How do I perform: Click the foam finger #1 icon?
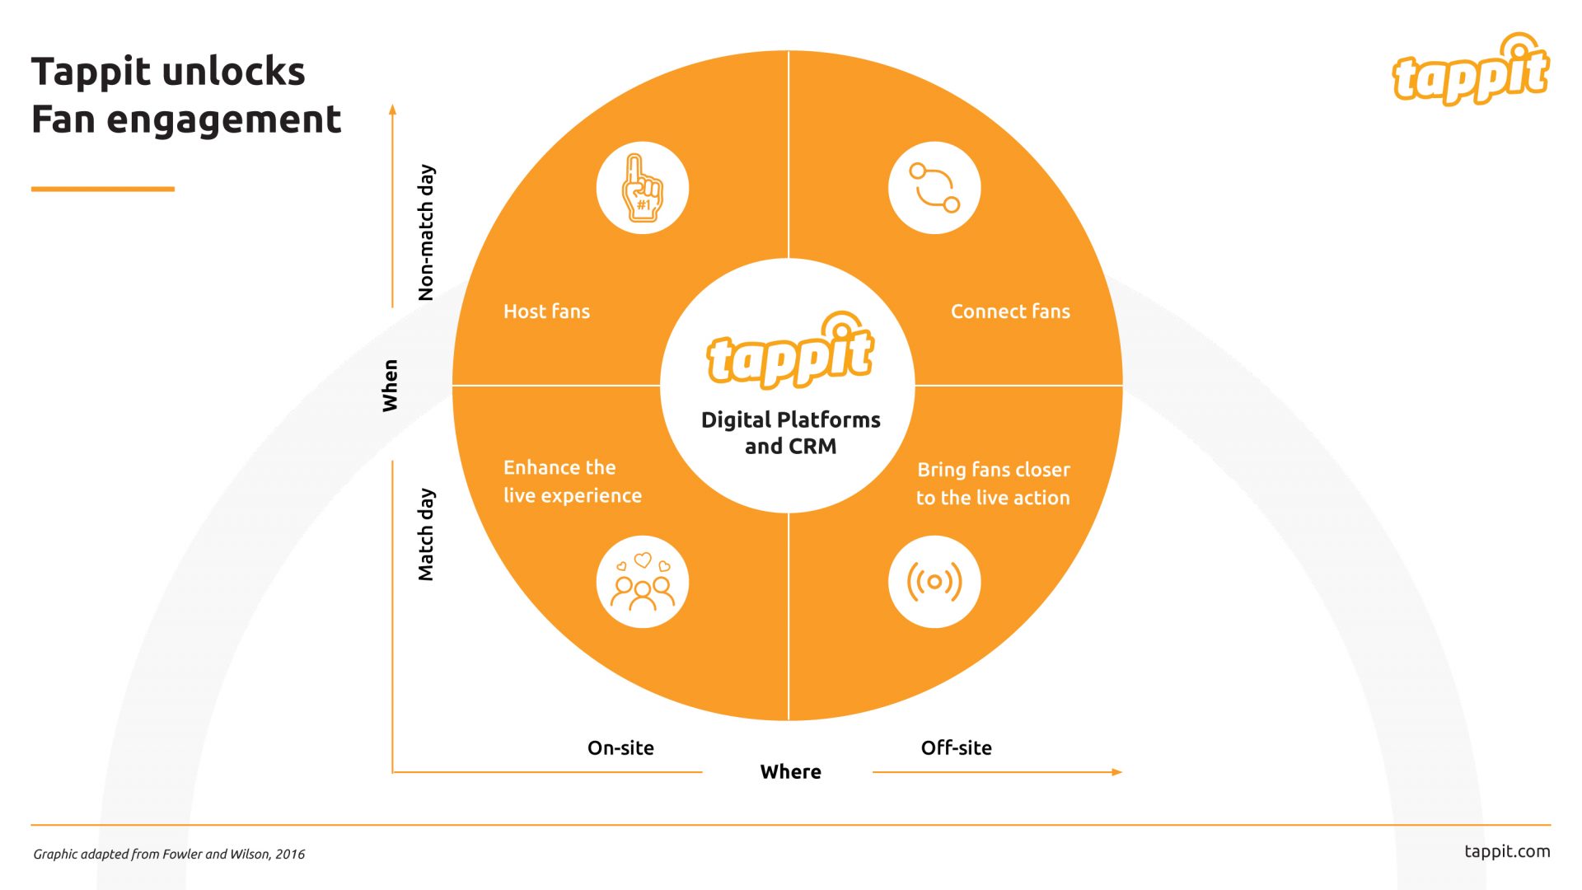click(x=642, y=188)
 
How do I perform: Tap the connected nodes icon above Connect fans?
click(x=934, y=188)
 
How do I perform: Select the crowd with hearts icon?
click(x=642, y=582)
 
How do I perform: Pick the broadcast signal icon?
click(x=934, y=582)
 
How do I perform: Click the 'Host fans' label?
click(x=546, y=311)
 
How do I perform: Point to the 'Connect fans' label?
click(x=1010, y=311)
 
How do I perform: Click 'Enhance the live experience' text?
click(x=572, y=481)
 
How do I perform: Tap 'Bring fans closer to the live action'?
click(x=993, y=484)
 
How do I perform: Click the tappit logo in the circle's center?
click(x=789, y=352)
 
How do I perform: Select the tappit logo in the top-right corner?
click(x=1471, y=71)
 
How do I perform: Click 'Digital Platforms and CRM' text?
click(x=790, y=433)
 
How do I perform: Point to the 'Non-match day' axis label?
click(x=426, y=232)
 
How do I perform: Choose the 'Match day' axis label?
click(x=426, y=535)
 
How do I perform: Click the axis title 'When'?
click(x=390, y=386)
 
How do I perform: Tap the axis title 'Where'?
click(x=790, y=772)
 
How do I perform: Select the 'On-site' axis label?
click(x=620, y=748)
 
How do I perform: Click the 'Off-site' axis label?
click(x=956, y=748)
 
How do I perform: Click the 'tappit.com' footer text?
click(x=1506, y=851)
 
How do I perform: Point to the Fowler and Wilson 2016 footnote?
click(x=169, y=855)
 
